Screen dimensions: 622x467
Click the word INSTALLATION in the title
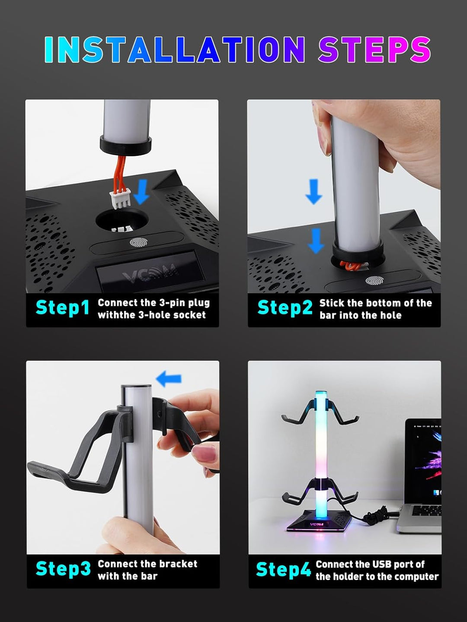pyautogui.click(x=175, y=50)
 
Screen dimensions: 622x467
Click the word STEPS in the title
pyautogui.click(x=374, y=50)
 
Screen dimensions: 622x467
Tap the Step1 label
pyautogui.click(x=62, y=308)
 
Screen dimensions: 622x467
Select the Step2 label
pyautogui.click(x=285, y=308)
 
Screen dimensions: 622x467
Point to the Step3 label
pyautogui.click(x=63, y=569)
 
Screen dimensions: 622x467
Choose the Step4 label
pyautogui.click(x=283, y=570)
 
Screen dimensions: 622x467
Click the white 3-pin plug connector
pyautogui.click(x=121, y=200)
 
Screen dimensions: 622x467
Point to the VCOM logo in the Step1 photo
pyautogui.click(x=150, y=273)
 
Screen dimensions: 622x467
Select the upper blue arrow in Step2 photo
pyautogui.click(x=314, y=191)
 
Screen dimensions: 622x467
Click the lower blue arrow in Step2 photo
pyautogui.click(x=316, y=241)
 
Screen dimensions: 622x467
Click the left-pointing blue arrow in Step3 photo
pyautogui.click(x=169, y=379)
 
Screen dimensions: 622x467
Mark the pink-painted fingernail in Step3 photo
pyautogui.click(x=205, y=454)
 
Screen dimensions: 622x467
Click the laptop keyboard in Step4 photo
pyautogui.click(x=426, y=511)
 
